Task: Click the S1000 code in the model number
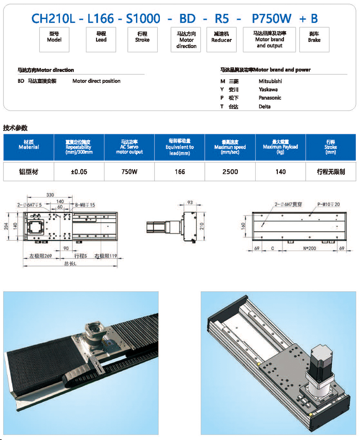143,18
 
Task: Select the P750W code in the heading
272,18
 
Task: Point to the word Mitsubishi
270,81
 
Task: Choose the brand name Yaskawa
268,89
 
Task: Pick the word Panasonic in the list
270,98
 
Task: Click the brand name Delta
264,106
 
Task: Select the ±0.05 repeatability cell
79,172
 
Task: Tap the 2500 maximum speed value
230,172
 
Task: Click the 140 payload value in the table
280,172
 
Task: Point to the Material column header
29,147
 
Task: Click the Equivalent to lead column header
180,147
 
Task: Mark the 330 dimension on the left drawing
50,195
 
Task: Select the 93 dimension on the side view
190,202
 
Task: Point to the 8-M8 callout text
85,205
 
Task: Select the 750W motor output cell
129,172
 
